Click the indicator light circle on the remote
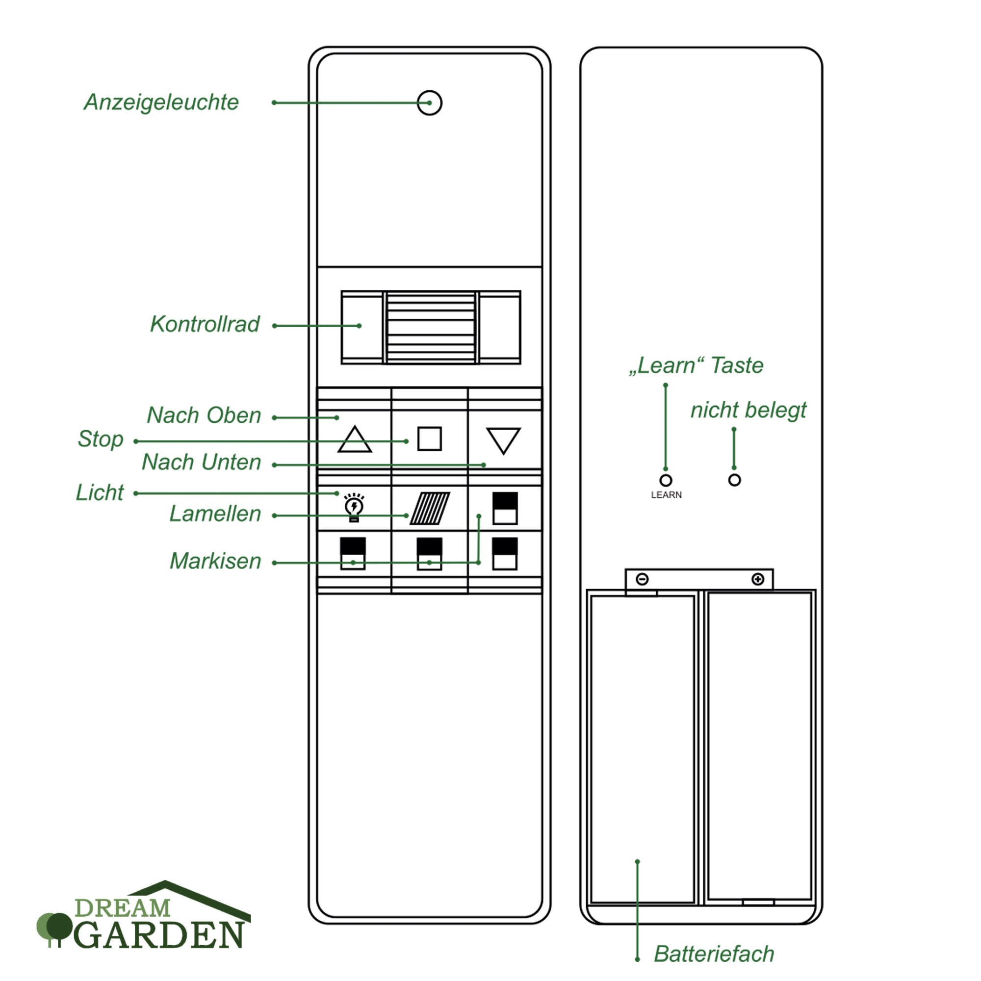429,103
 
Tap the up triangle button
355,439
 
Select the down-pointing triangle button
503,439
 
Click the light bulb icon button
354,507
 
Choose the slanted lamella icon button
430,508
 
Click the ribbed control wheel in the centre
431,327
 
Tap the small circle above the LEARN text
666,480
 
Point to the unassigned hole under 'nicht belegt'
734,480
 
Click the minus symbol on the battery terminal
643,579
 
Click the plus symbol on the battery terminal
758,579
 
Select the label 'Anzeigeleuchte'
161,103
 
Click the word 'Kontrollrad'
205,324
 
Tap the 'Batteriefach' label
714,954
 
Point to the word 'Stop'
101,439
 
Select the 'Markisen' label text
215,561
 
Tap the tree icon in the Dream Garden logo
55,928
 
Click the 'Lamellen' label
215,514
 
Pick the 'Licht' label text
100,492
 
